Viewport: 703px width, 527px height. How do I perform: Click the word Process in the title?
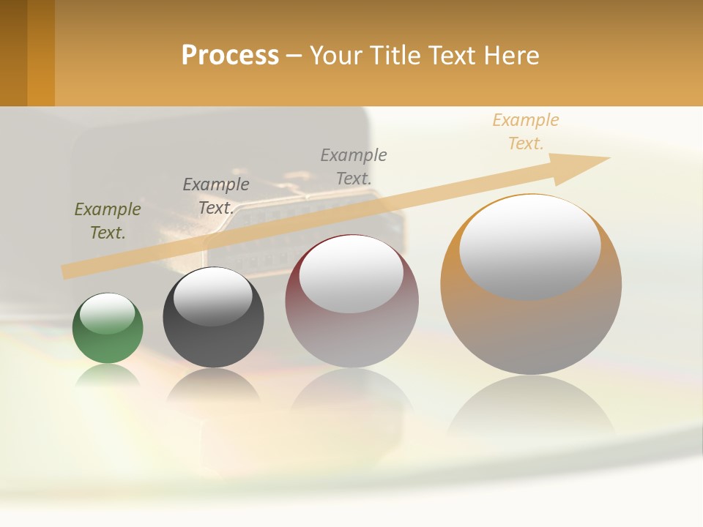pyautogui.click(x=230, y=56)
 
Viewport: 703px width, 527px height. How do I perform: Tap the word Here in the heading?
pyautogui.click(x=510, y=56)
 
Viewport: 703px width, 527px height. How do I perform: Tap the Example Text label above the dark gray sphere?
pyautogui.click(x=216, y=196)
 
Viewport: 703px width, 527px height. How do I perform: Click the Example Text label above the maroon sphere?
pyautogui.click(x=354, y=166)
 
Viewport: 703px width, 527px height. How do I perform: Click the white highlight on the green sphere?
pyautogui.click(x=108, y=313)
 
